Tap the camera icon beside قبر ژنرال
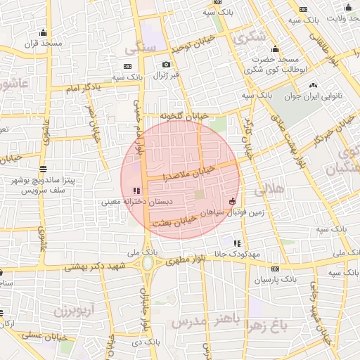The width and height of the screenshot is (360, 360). pyautogui.click(x=167, y=64)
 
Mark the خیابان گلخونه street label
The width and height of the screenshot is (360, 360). pyautogui.click(x=184, y=115)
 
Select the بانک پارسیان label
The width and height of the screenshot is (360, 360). pyautogui.click(x=274, y=279)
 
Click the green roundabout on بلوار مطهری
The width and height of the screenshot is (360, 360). pyautogui.click(x=149, y=264)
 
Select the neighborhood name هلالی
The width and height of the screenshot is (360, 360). pyautogui.click(x=268, y=188)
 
